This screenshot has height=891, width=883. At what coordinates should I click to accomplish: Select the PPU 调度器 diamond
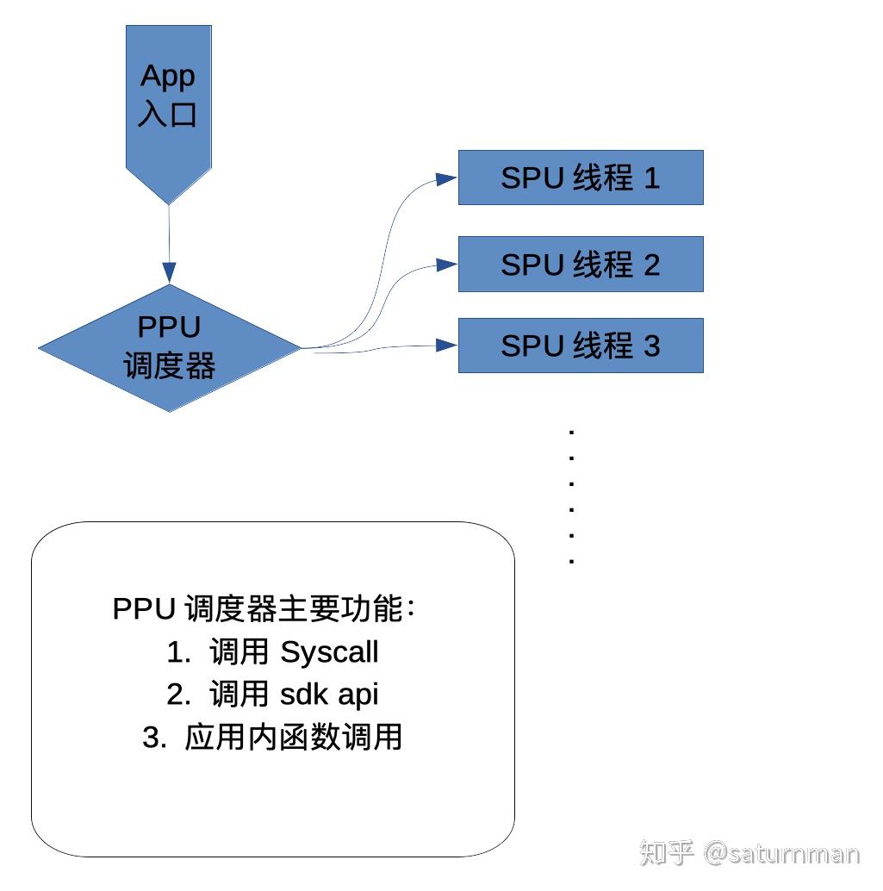click(x=170, y=348)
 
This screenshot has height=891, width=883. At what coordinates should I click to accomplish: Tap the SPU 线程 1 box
click(x=580, y=178)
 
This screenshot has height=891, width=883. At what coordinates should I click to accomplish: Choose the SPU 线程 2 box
click(x=580, y=264)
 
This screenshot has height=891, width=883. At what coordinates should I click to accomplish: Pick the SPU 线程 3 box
click(x=580, y=346)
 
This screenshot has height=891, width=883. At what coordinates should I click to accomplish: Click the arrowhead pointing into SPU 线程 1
click(x=446, y=178)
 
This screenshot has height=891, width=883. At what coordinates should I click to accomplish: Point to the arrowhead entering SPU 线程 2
click(x=446, y=264)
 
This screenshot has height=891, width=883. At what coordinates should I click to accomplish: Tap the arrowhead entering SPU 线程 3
click(x=446, y=346)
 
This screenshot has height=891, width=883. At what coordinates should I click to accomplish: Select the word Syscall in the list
click(x=329, y=652)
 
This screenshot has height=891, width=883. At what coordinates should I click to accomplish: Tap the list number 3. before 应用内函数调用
click(x=154, y=738)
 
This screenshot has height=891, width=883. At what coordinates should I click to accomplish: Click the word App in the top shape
click(x=169, y=76)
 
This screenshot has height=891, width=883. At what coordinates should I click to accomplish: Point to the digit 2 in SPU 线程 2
click(x=651, y=264)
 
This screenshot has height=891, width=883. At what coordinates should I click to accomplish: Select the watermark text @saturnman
click(x=781, y=853)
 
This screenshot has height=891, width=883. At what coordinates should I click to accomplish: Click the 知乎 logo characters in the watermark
click(x=666, y=853)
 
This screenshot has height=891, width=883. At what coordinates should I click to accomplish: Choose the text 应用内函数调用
click(x=294, y=738)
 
